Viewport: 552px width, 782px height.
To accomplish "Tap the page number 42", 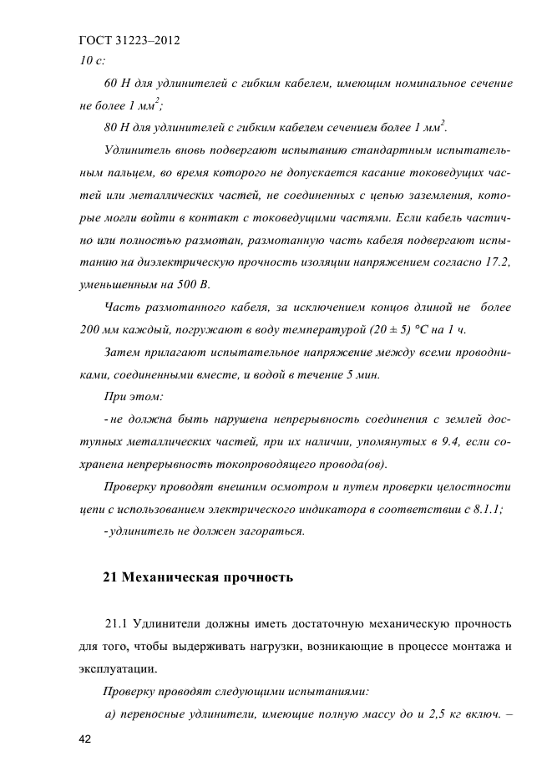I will (x=86, y=739).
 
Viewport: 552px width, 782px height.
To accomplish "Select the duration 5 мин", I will (x=362, y=374).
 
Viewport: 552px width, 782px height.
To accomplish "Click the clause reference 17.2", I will (x=496, y=263).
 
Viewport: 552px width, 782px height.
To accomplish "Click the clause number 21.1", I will (x=119, y=624).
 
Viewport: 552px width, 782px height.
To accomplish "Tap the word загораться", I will (x=268, y=531).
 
